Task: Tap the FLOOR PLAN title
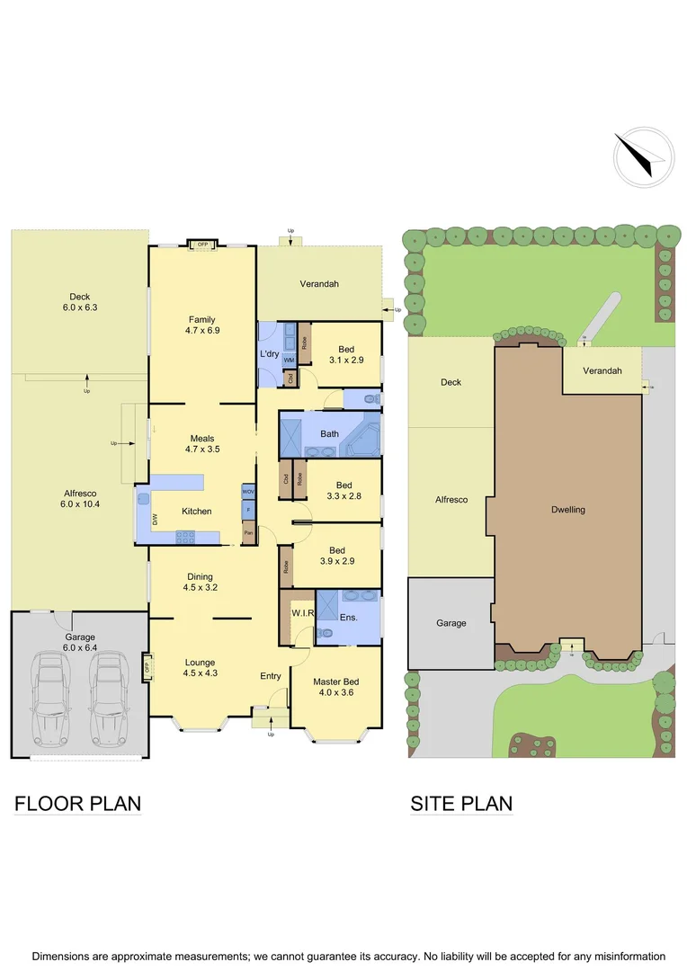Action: coord(77,803)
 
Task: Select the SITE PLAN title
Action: coord(461,803)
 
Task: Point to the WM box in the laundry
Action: coord(289,360)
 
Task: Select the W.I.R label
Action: coord(301,614)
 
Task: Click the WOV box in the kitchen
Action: coord(248,493)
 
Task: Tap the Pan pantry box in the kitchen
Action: coord(248,533)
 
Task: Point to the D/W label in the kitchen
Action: coord(154,519)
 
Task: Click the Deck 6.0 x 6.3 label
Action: coord(80,302)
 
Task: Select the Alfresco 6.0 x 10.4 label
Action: coord(80,498)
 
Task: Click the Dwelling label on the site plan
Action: coord(568,510)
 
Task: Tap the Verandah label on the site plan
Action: coord(602,370)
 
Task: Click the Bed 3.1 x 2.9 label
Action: coord(346,354)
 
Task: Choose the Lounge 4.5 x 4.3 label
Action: coord(200,667)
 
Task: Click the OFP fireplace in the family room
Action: coord(203,244)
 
